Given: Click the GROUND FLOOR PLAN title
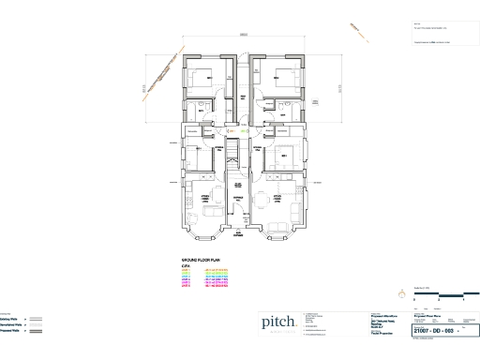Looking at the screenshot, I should point(200,259).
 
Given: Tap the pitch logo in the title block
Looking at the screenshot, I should point(277,322).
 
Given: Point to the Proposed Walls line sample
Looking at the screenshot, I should point(37,333).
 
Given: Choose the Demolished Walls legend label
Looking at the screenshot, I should point(12,326).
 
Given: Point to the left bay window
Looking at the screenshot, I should point(199,230).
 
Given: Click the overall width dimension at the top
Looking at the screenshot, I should point(243,35).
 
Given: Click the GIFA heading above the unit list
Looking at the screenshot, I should point(185,266).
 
